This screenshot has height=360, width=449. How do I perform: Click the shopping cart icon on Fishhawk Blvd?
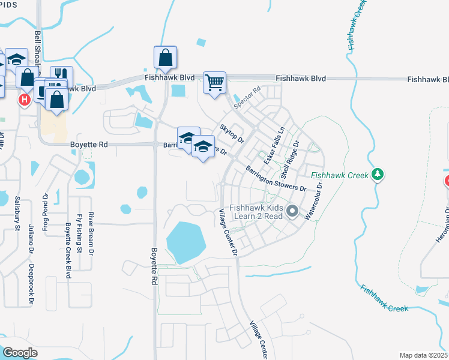pos(214,82)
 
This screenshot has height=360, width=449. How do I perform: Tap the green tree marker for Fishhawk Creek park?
pos(378,175)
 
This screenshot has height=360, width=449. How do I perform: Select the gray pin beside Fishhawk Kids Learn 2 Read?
pos(292,211)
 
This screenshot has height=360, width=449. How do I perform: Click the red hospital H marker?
pos(24,99)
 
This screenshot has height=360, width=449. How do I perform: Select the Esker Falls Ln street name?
pos(273,146)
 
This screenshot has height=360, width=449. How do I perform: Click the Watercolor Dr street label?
pos(315,201)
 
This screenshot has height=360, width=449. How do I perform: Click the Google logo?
pos(20,353)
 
